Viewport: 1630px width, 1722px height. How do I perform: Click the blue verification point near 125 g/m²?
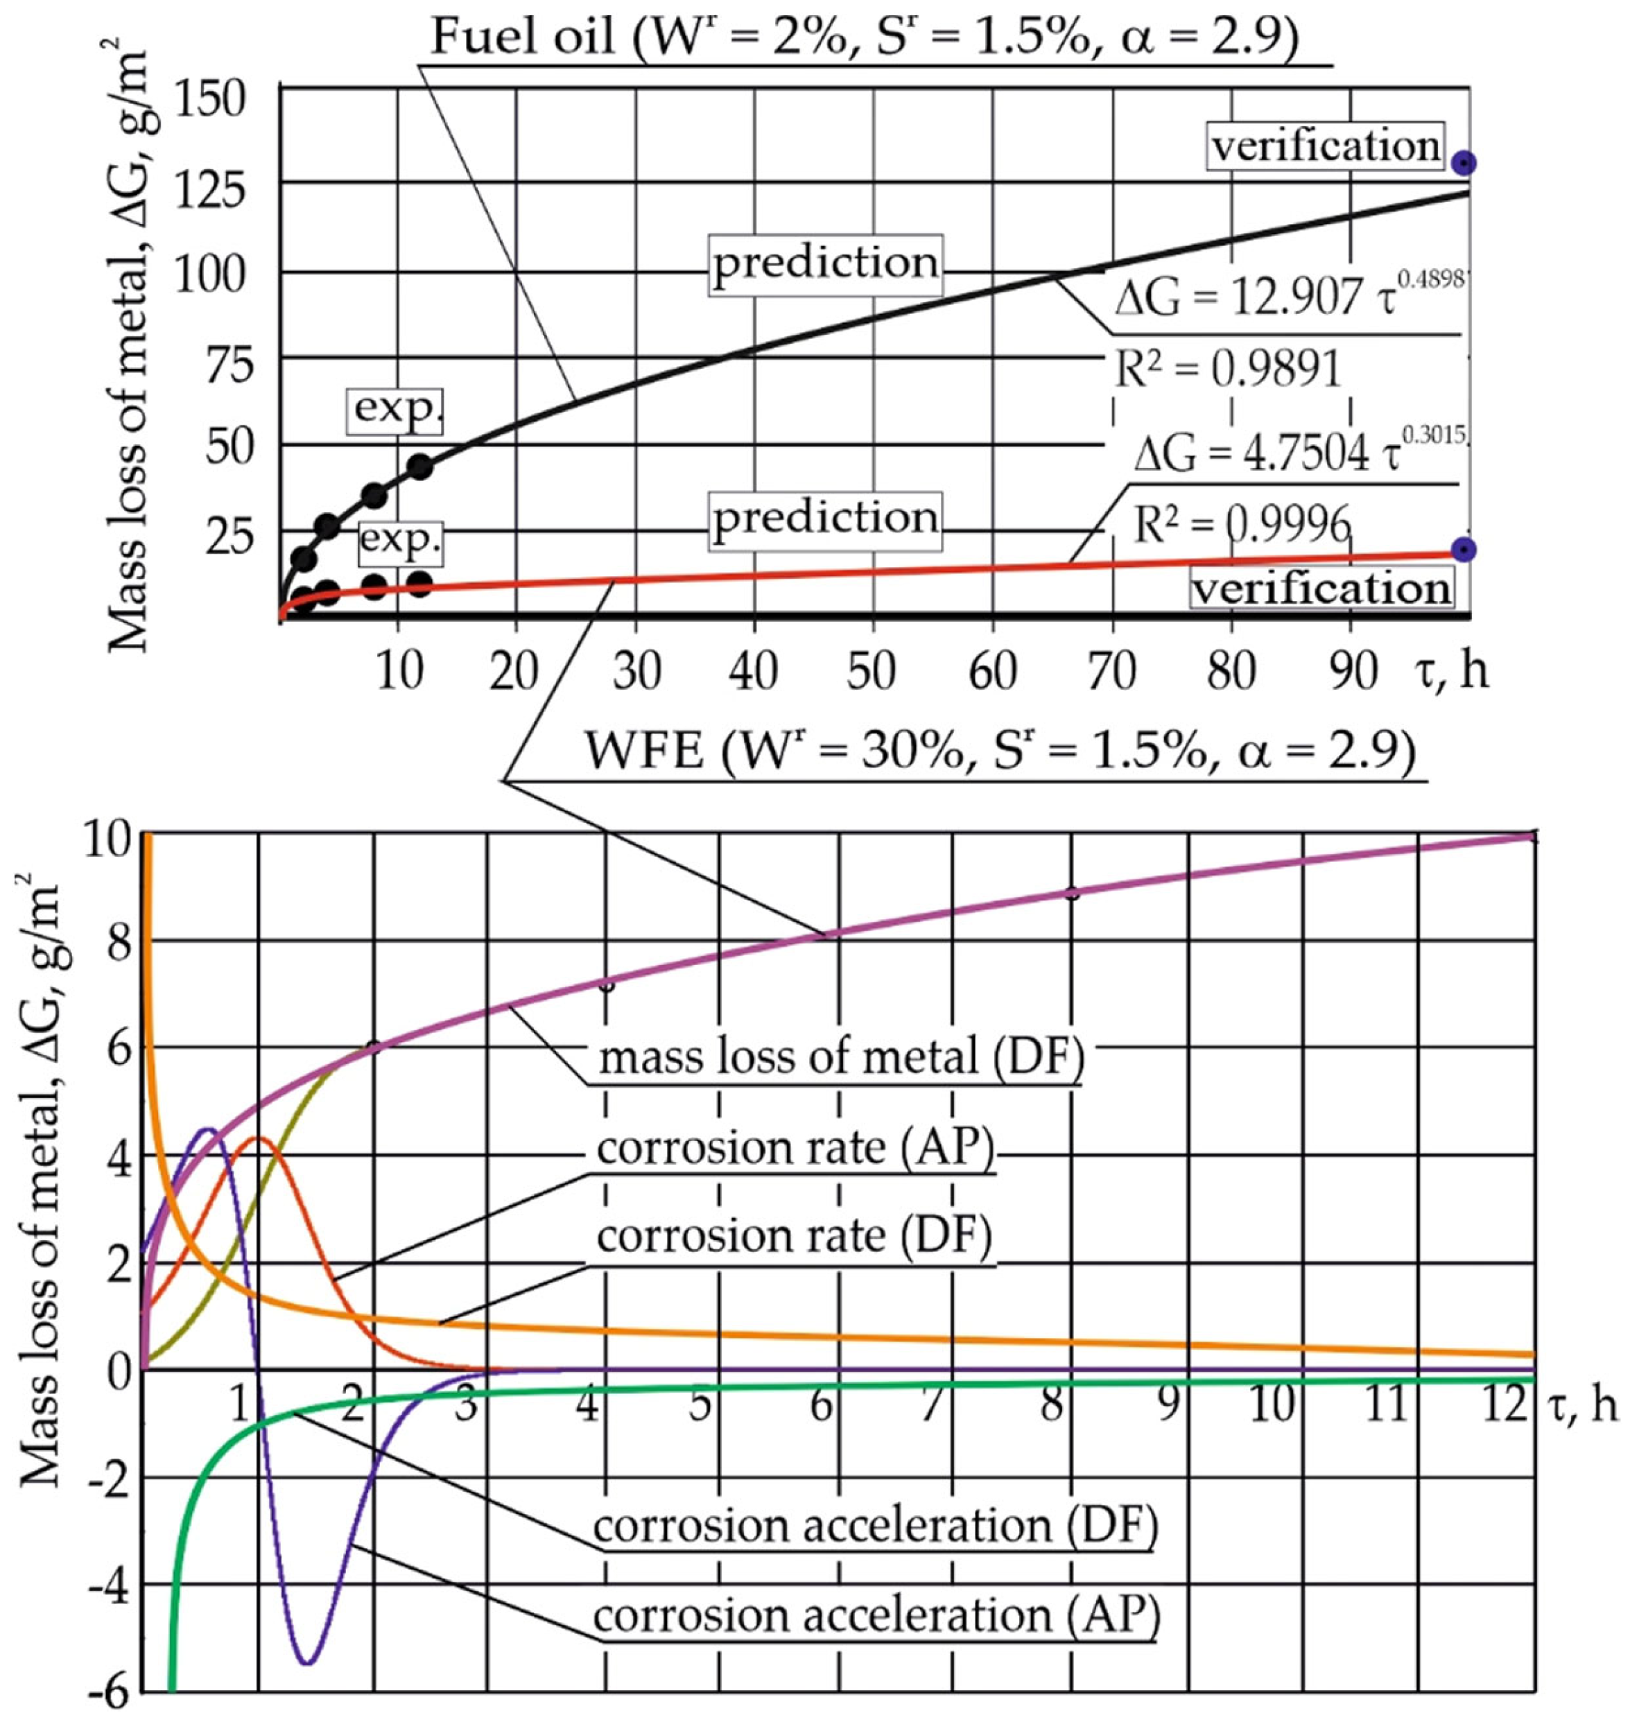[x=1464, y=162]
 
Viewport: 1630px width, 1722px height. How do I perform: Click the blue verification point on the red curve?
[x=1464, y=549]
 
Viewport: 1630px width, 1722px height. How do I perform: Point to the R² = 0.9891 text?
[x=1227, y=370]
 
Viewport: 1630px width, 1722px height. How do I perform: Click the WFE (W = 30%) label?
[x=999, y=750]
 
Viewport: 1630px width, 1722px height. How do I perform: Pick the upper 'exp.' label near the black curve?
[x=395, y=408]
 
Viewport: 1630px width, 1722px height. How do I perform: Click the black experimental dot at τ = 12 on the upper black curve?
[x=419, y=467]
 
